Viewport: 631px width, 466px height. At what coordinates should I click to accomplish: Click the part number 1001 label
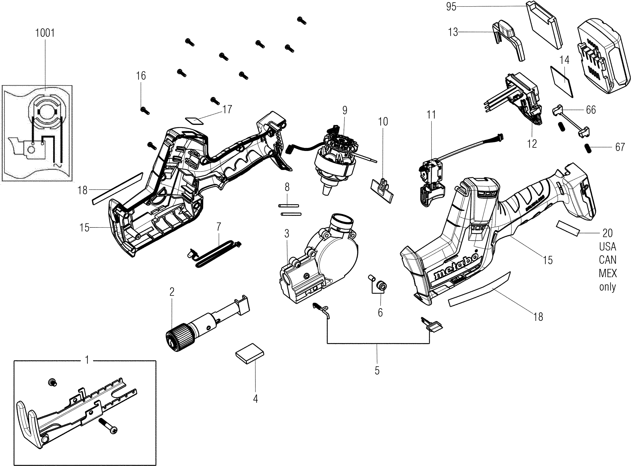coord(45,33)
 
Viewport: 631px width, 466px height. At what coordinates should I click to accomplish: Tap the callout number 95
coord(451,7)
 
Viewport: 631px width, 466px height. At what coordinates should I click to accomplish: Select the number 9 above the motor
coord(344,110)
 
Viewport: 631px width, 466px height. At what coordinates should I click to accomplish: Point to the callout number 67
coord(620,147)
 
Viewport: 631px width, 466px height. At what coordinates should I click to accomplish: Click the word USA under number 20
coord(607,246)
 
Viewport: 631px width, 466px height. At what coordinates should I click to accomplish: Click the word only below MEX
coord(607,287)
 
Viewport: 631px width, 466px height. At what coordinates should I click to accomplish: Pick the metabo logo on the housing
coord(456,265)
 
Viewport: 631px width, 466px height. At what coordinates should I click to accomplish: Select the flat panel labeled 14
coord(562,81)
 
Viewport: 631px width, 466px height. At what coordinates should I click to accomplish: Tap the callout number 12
coord(532,144)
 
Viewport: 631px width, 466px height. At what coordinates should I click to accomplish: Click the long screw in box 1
coord(108,426)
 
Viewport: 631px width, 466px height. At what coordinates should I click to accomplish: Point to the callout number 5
coord(377,370)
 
